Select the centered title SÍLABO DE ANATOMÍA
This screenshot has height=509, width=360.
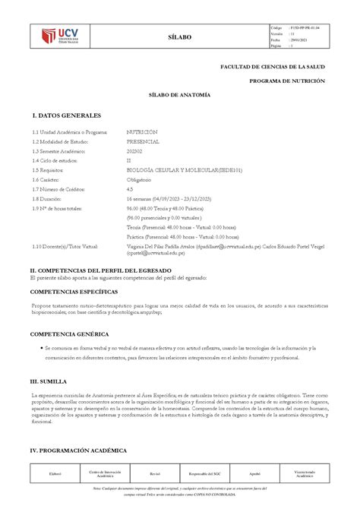[x=179, y=93]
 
